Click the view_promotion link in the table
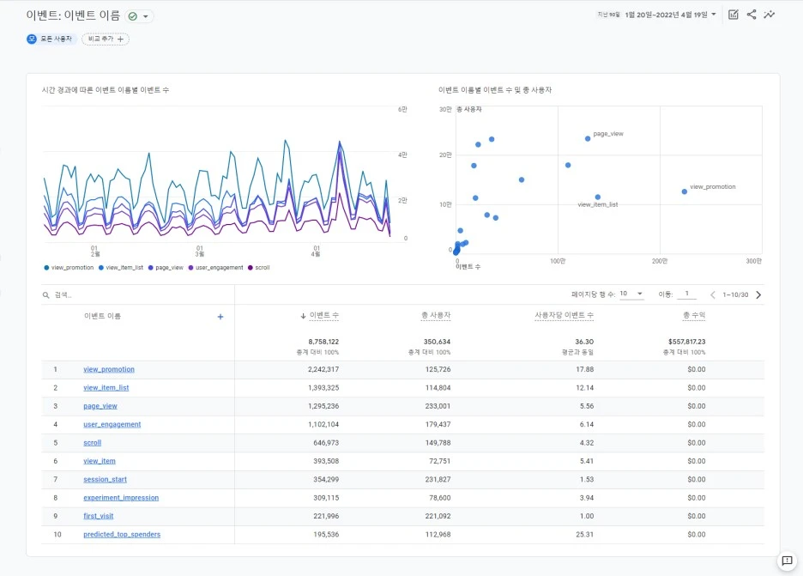coord(109,369)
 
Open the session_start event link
coord(105,479)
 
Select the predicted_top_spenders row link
coord(122,534)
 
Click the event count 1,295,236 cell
coord(323,406)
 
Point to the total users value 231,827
coord(438,479)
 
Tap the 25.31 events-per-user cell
coord(584,534)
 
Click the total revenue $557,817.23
coord(686,342)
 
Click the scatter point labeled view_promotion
coord(685,191)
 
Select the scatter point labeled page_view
coord(588,139)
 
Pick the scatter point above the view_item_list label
coord(598,197)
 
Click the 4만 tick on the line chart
coord(402,155)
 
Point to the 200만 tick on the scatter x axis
coord(660,261)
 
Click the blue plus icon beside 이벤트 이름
coord(220,317)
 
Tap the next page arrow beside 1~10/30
coord(758,294)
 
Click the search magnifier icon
coord(45,295)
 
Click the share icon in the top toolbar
coord(752,15)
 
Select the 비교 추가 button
coord(106,39)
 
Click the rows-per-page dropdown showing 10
coord(631,294)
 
